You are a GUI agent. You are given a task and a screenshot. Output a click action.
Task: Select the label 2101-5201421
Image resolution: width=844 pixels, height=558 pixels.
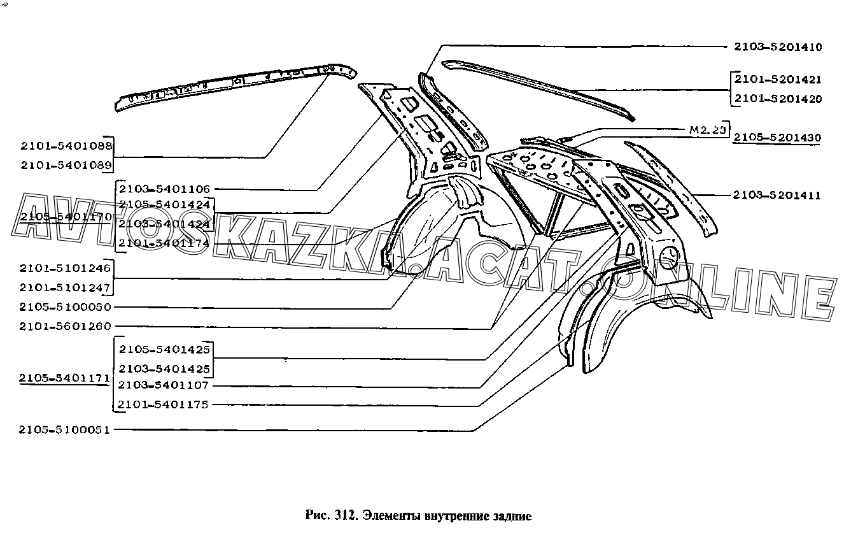(x=777, y=80)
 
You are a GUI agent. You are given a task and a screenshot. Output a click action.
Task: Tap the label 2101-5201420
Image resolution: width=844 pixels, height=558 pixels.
(x=777, y=99)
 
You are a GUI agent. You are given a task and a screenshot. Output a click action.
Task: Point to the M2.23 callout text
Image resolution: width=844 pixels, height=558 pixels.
(x=707, y=129)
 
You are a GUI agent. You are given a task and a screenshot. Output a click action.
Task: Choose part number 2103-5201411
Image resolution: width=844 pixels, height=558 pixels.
(x=776, y=196)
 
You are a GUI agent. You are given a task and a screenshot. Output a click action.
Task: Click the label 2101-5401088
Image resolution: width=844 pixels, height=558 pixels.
(x=66, y=146)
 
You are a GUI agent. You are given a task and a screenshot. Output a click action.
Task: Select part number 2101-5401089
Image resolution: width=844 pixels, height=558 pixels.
(x=66, y=165)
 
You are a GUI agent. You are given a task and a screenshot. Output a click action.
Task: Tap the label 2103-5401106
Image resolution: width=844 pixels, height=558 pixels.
(x=164, y=189)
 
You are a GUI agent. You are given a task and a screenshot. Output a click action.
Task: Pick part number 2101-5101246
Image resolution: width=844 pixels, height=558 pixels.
(x=66, y=268)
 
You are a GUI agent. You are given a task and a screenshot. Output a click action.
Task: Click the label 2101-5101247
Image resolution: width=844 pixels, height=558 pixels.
(x=66, y=287)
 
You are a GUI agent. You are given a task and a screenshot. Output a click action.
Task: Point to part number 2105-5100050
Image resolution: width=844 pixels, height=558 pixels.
(x=66, y=307)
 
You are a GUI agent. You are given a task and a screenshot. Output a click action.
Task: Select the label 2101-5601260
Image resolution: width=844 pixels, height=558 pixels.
(x=66, y=326)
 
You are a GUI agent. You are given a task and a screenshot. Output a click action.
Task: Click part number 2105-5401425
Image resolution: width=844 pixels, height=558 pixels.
(x=164, y=350)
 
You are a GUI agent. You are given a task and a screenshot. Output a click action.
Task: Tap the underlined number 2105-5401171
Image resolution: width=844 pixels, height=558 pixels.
(x=65, y=378)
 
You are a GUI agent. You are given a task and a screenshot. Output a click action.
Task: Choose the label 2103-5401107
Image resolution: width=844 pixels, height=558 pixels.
(x=164, y=385)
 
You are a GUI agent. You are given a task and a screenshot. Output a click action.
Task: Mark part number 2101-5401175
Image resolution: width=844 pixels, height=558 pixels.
(x=164, y=404)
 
